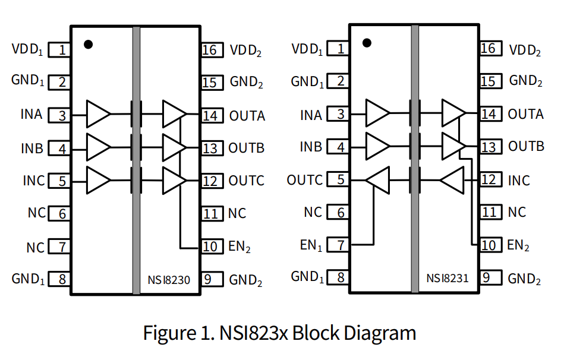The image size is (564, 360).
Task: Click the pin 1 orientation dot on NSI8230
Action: (89, 44)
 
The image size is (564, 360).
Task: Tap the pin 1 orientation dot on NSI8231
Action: (367, 43)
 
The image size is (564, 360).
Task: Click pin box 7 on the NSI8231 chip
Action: (338, 244)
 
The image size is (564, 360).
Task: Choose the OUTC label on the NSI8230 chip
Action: (247, 181)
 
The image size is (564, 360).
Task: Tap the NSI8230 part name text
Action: (169, 279)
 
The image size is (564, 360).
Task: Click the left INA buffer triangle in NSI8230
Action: (98, 114)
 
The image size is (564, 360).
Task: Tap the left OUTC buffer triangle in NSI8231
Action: (378, 179)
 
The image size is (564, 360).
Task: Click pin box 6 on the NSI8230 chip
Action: (59, 213)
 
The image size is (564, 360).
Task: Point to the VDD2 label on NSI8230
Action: (246, 50)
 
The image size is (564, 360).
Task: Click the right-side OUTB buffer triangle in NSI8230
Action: (174, 147)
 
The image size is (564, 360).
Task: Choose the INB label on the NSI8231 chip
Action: (311, 147)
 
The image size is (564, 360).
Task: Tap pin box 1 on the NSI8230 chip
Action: (59, 50)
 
